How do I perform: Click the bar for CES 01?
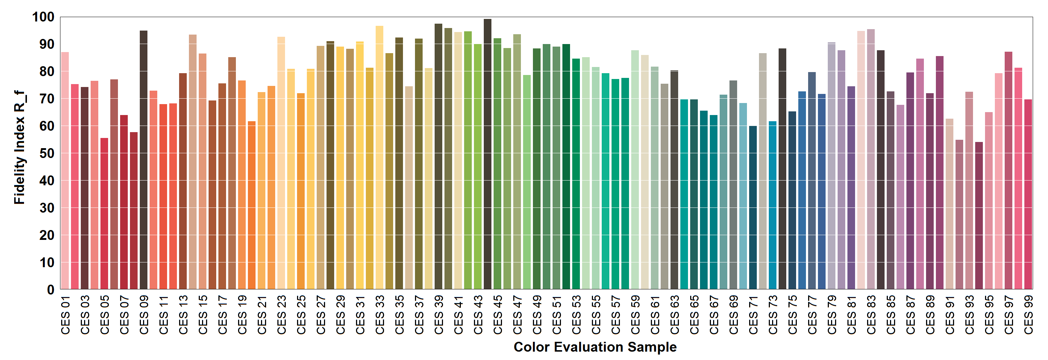tap(65, 171)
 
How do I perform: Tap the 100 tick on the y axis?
tap(43, 17)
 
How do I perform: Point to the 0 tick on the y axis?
tap(51, 290)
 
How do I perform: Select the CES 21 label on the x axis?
tap(262, 315)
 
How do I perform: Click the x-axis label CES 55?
tap(596, 315)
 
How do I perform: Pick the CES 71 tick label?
tap(753, 315)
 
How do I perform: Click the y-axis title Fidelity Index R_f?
tap(19, 147)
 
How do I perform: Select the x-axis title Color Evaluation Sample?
tap(595, 347)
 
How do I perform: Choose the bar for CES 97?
tap(1008, 171)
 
